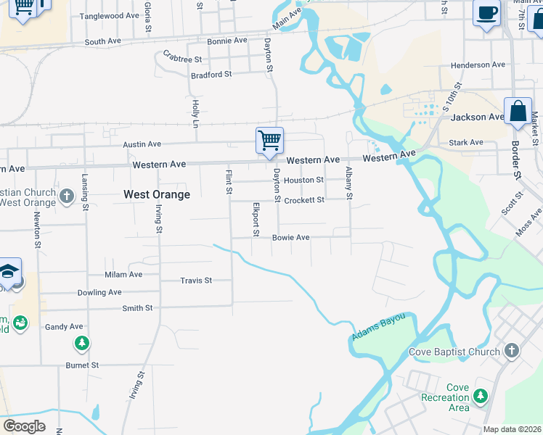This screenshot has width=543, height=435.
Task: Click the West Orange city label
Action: point(157,194)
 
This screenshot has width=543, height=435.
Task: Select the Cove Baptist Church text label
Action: point(454,352)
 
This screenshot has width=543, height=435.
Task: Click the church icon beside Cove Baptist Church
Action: point(512,351)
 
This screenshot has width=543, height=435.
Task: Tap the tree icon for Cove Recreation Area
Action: point(480,396)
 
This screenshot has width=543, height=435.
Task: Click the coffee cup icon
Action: point(486,13)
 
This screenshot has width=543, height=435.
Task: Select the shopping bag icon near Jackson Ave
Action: point(518,112)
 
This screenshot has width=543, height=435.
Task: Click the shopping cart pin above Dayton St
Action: point(269,139)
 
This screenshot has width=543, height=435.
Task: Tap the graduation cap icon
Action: point(8,271)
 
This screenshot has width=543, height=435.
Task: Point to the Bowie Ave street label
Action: point(291,237)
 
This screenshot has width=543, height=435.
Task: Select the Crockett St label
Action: point(303,200)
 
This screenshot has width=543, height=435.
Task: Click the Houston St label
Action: point(303,180)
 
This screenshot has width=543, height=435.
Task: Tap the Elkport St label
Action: point(256,219)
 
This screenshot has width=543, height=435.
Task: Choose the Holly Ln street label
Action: point(195,115)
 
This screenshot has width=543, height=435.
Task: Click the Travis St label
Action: point(196,280)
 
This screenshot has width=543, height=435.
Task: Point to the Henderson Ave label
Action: point(478,65)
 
